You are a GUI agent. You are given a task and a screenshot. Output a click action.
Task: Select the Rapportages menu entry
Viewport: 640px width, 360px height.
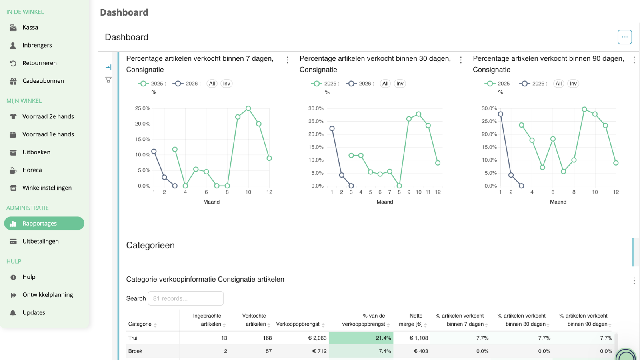pos(44,223)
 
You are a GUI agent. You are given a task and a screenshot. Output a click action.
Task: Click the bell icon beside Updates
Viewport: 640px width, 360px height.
pos(13,313)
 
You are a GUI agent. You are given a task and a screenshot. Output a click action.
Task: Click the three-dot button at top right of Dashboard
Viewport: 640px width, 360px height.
pos(624,37)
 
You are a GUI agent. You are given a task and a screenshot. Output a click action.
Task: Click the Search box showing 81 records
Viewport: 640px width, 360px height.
pos(186,298)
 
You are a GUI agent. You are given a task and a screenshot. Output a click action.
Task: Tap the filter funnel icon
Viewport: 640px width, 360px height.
pos(108,80)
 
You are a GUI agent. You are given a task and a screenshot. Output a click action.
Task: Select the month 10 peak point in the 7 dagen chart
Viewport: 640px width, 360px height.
pos(248,108)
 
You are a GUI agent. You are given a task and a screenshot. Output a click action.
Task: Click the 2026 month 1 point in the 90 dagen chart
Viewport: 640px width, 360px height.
pos(500,114)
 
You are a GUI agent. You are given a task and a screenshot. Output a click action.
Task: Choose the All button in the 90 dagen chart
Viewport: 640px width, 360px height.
pos(558,84)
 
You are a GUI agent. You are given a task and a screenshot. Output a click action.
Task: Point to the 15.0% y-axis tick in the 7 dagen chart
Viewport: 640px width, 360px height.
pos(142,140)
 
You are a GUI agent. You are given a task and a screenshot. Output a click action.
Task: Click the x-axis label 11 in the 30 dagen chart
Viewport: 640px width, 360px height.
pos(428,192)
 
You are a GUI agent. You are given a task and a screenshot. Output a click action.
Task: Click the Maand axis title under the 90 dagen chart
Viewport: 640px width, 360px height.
pos(558,202)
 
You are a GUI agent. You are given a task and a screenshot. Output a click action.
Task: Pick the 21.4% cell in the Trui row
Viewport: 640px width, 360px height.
pos(361,338)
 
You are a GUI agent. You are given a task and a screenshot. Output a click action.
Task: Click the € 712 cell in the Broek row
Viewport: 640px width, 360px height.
pos(320,351)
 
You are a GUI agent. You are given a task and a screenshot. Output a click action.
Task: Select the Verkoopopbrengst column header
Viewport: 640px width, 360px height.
pos(298,324)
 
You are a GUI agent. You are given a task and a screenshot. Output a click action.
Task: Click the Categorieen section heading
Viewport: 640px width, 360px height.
pos(150,246)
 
